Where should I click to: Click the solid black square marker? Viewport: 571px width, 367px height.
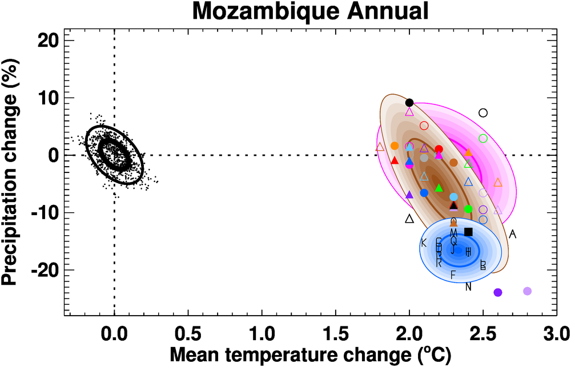pos(468,232)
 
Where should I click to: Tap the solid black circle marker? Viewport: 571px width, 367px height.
pos(409,103)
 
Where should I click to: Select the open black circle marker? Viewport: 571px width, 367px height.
pos(483,113)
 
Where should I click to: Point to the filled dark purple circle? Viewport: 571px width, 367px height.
pos(497,293)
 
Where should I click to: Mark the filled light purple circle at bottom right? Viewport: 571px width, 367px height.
pos(527,291)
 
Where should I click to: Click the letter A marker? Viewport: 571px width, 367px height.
pos(513,234)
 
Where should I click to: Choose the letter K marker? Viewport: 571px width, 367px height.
pos(424,243)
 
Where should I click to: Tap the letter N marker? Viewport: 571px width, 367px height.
pos(468,287)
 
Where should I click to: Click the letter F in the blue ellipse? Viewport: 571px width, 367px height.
pos(453,275)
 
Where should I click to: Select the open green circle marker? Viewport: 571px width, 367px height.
pos(483,139)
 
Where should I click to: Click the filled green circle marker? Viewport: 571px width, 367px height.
pos(468,209)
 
